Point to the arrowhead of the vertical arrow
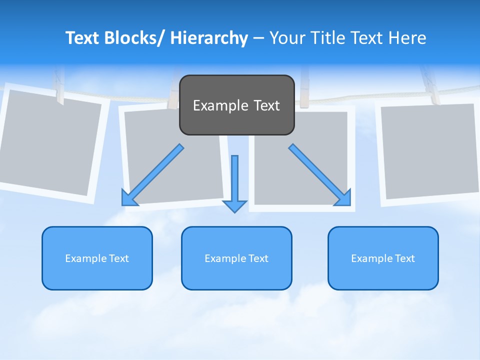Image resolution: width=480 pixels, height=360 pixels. point(234,206)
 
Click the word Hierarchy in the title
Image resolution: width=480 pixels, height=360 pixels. point(209,38)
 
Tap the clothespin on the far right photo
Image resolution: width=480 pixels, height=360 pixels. point(429,85)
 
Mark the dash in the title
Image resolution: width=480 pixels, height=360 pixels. point(258,38)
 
